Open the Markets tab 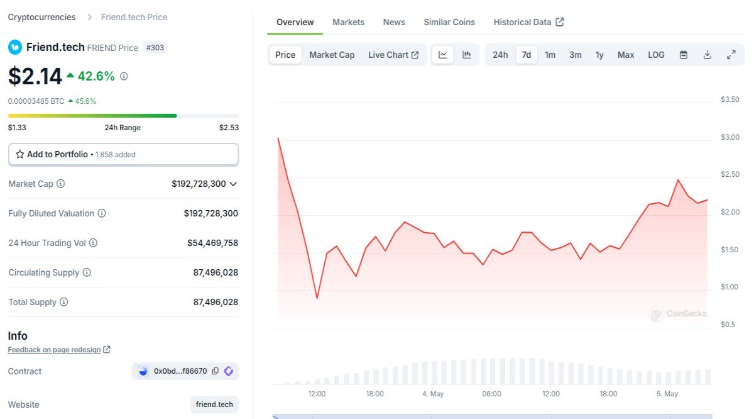[x=348, y=22]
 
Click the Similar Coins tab [x=449, y=22]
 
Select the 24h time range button [x=500, y=55]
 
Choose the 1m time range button [x=550, y=55]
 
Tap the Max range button [x=626, y=55]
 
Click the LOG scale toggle [x=656, y=55]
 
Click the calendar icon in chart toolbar [x=684, y=55]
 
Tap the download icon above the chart [x=708, y=55]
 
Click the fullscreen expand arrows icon [x=731, y=55]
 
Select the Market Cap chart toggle [x=332, y=55]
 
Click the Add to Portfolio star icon [x=20, y=154]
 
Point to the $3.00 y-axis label [x=729, y=137]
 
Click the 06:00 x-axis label [x=491, y=394]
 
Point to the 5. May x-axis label [x=667, y=394]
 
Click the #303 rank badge [x=155, y=48]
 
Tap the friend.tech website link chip [x=214, y=404]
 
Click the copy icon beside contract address [x=216, y=371]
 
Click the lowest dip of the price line [x=317, y=298]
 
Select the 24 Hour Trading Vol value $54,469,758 [x=213, y=243]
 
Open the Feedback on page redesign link [x=54, y=350]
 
